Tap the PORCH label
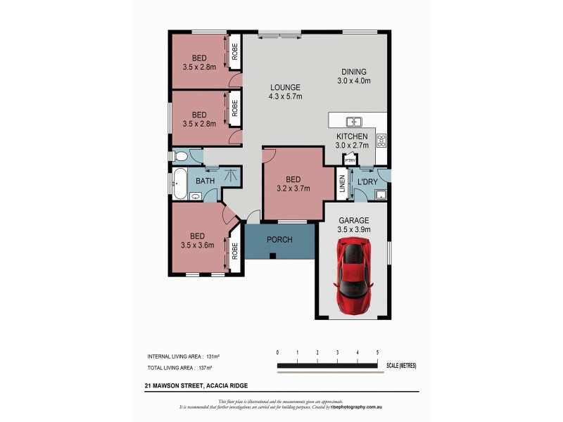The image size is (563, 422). point(279,240)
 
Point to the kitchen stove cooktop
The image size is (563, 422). point(381,139)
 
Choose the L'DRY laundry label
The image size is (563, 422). point(367,182)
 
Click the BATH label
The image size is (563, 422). point(205,181)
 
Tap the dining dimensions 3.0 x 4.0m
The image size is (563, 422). point(353,80)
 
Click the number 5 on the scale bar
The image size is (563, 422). point(378,352)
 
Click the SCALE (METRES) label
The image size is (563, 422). point(402,366)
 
